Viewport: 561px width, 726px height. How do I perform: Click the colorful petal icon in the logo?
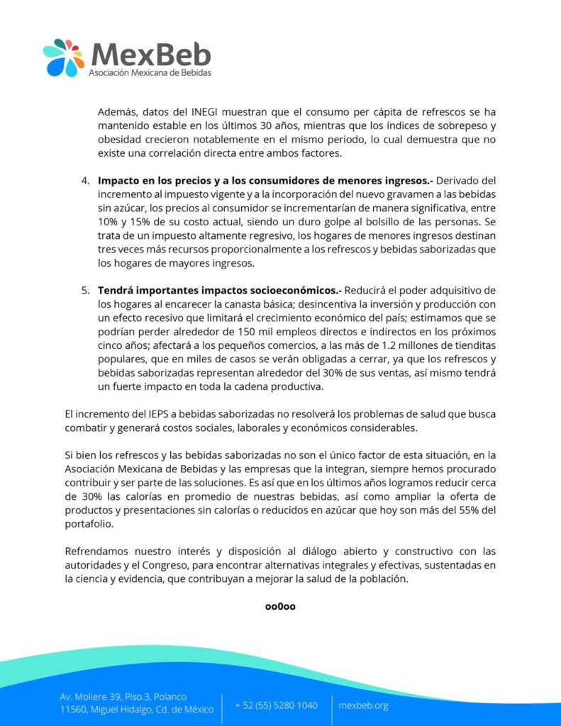coord(63,57)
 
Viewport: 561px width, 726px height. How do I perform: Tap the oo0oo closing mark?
coord(279,606)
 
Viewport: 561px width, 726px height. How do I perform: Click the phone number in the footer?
coord(277,705)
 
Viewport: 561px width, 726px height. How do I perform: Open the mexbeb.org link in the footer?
coord(363,705)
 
